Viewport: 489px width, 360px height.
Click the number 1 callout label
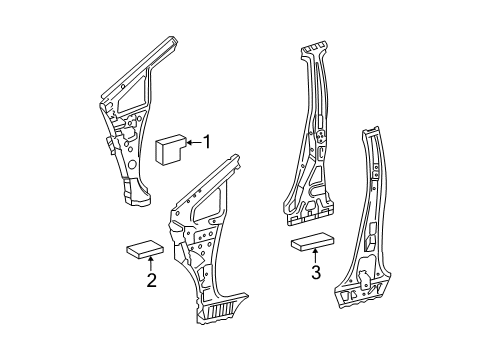click(208, 141)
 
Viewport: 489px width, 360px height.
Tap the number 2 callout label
click(152, 282)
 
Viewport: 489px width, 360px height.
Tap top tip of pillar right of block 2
click(236, 157)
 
